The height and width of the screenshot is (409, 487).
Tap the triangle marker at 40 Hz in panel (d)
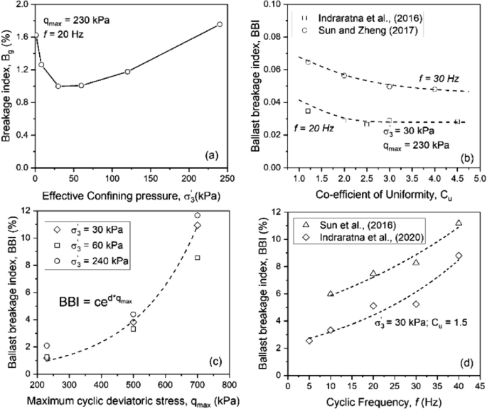click(459, 223)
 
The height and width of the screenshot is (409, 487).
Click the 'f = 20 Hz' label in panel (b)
click(312, 127)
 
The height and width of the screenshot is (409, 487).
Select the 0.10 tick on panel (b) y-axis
click(276, 4)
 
